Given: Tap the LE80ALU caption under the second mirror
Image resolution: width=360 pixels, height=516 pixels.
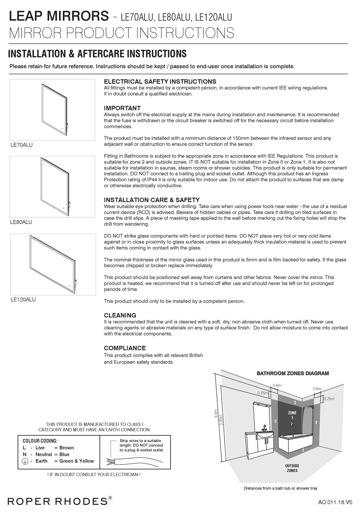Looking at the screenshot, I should click(21, 222).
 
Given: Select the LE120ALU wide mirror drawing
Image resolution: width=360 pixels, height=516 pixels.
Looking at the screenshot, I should click(53, 264).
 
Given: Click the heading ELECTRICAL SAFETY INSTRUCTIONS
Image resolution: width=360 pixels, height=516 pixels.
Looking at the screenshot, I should click(160, 82).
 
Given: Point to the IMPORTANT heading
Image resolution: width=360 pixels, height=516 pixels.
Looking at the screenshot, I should click(122, 108).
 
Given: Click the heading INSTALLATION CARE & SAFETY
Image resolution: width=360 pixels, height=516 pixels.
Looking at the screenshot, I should click(152, 200).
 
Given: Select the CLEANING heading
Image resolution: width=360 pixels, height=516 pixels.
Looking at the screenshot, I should click(120, 315).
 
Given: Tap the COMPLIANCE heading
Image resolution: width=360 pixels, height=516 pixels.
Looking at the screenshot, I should click(125, 348).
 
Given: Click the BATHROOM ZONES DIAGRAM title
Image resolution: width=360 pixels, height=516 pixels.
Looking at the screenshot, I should click(293, 373).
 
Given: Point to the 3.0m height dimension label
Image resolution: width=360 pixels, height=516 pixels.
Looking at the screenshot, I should click(216, 413).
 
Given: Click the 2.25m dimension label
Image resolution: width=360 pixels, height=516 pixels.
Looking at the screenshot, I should click(222, 419).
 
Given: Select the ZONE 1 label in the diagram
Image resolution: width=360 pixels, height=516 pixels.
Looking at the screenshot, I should click(292, 415).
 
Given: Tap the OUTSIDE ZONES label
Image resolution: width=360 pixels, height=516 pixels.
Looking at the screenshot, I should click(292, 468).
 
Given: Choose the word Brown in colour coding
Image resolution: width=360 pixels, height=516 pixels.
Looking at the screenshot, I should click(67, 448).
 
